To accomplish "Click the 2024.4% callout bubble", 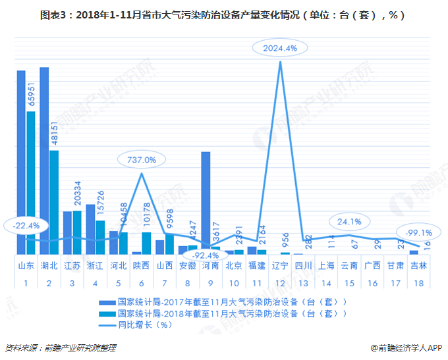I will pyautogui.click(x=280, y=48).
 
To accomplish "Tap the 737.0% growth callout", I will pyautogui.click(x=142, y=159).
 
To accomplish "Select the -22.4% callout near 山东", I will pyautogui.click(x=26, y=225).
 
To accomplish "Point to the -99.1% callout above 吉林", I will pyautogui.click(x=419, y=232).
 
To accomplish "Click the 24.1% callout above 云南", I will pyautogui.click(x=349, y=221).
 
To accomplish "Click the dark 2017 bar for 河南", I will pyautogui.click(x=206, y=203).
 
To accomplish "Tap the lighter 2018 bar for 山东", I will pyautogui.click(x=30, y=182).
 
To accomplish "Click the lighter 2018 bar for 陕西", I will pyautogui.click(x=146, y=243).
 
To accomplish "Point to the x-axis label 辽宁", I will pyautogui.click(x=281, y=267).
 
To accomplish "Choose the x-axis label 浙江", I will pyautogui.click(x=96, y=267).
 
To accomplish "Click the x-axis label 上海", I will pyautogui.click(x=327, y=267).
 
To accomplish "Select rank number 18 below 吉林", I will pyautogui.click(x=419, y=282).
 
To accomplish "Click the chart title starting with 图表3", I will pyautogui.click(x=224, y=14).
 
